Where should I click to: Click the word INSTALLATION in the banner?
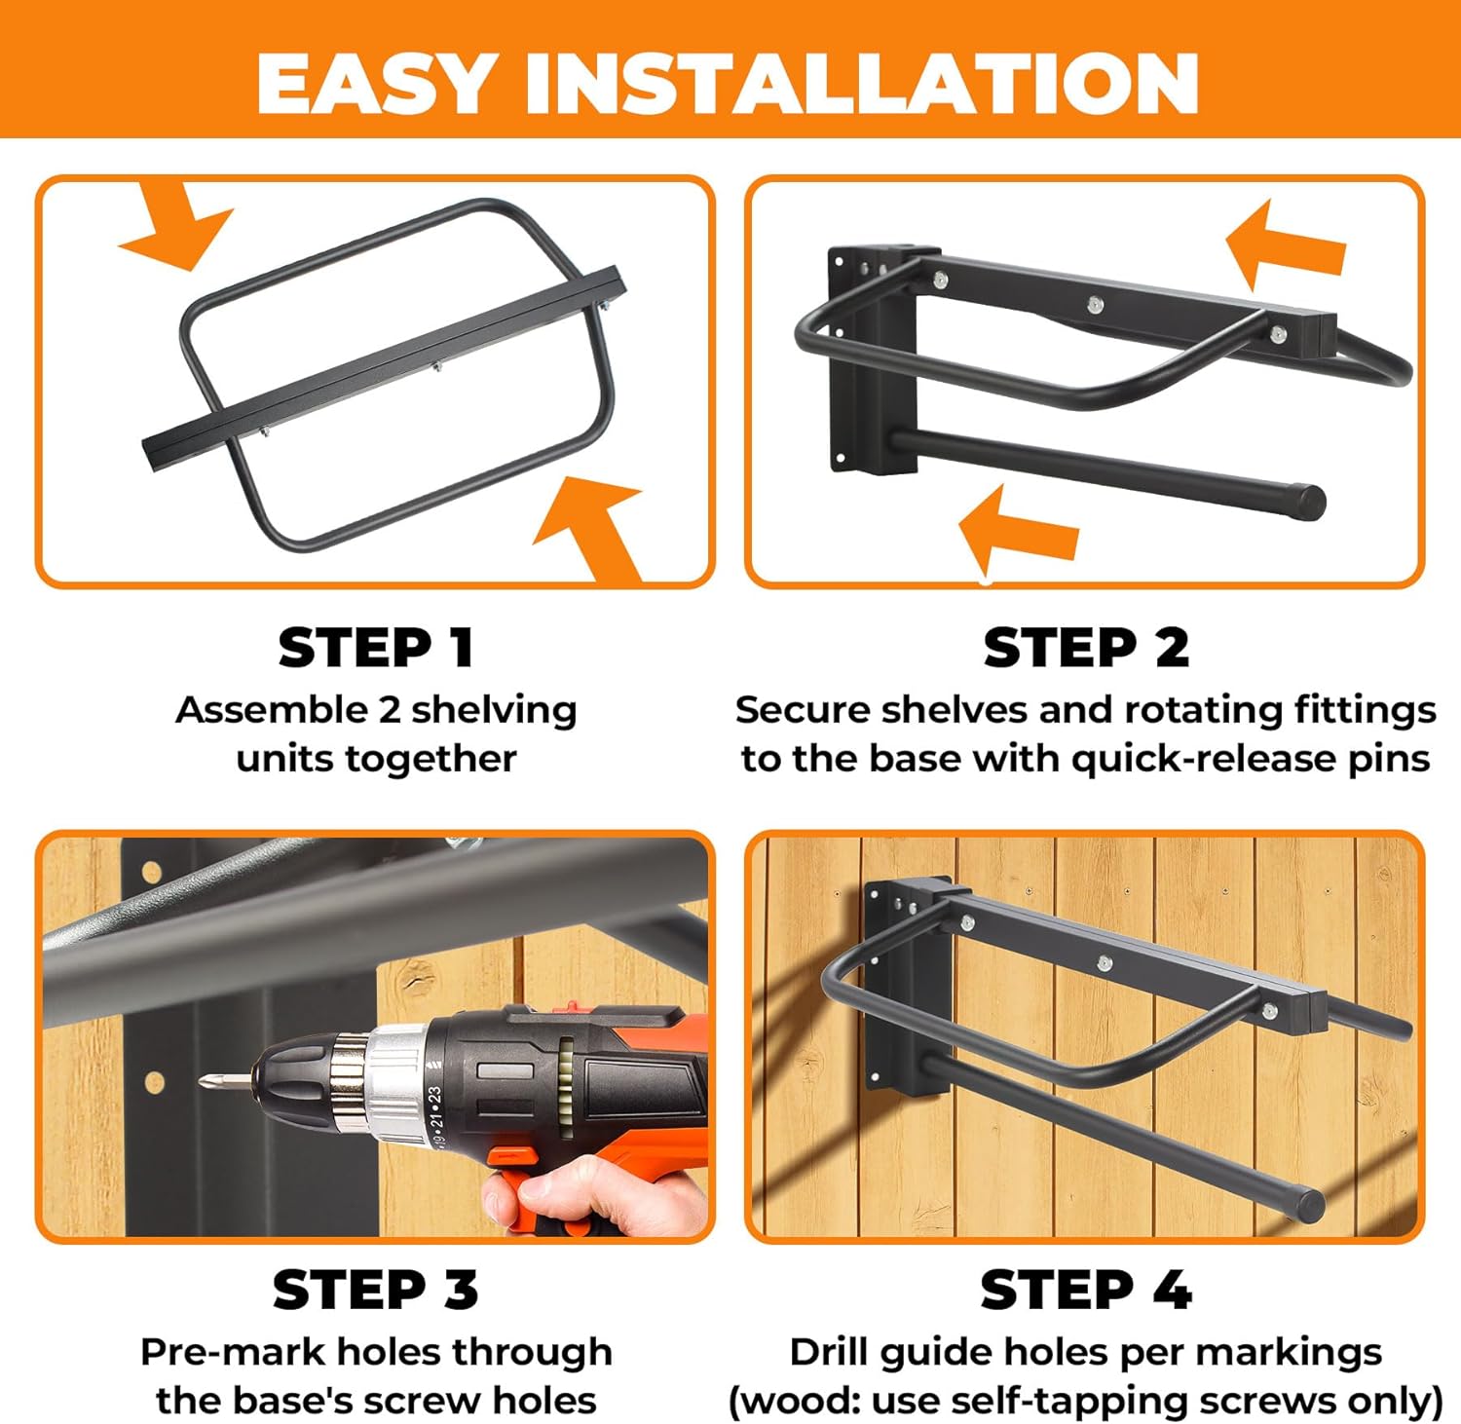(x=862, y=83)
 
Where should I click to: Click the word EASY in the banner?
(x=376, y=83)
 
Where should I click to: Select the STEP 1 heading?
(x=376, y=648)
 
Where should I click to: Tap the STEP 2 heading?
(x=1086, y=648)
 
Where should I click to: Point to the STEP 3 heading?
(x=376, y=1290)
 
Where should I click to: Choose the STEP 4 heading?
(x=1086, y=1290)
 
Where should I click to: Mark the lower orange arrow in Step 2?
(x=1018, y=531)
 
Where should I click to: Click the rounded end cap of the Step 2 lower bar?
(x=1311, y=501)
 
